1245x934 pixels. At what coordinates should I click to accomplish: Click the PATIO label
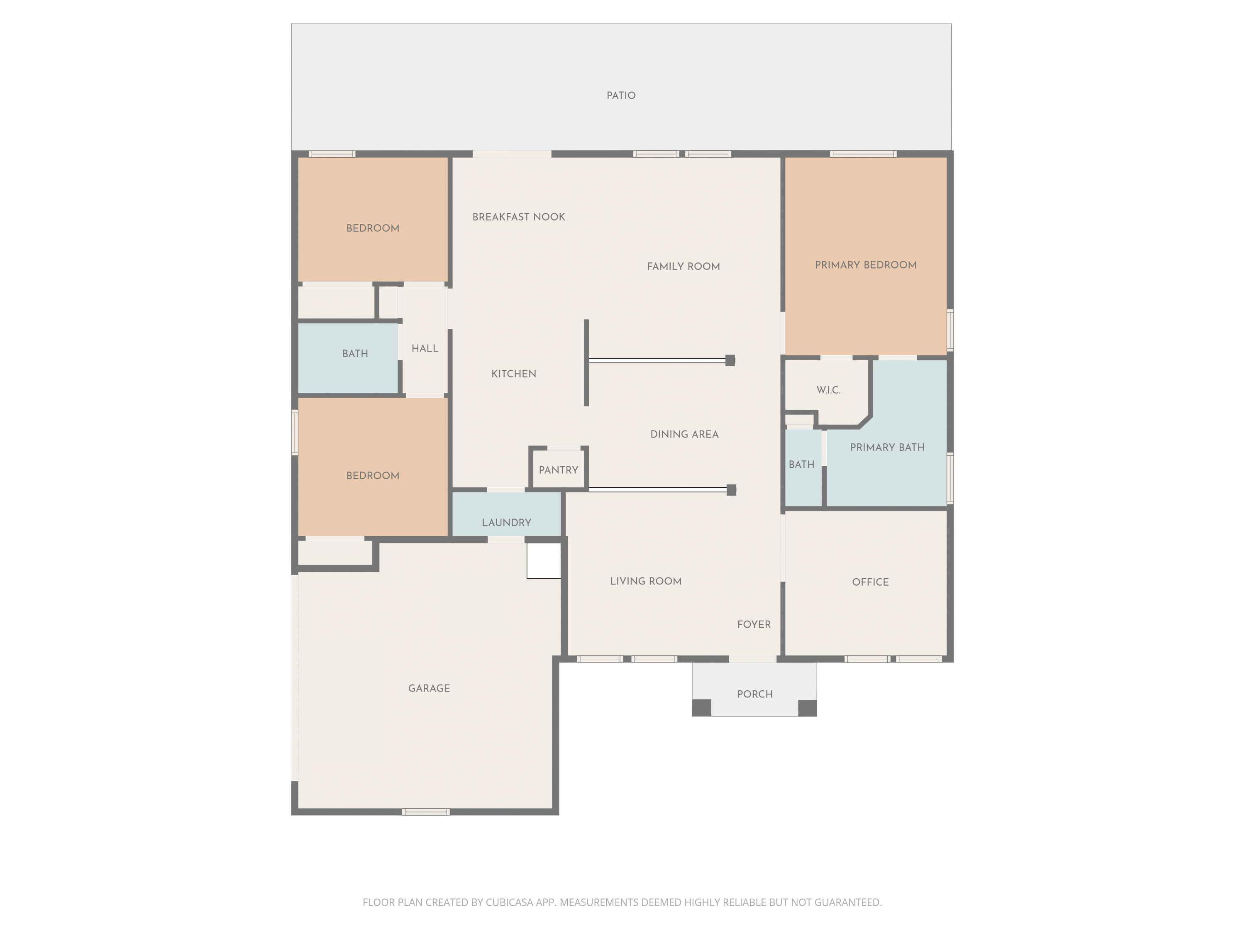pos(621,96)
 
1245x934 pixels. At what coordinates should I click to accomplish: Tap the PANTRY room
pos(558,470)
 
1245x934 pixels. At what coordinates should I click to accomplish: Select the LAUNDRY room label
pos(506,523)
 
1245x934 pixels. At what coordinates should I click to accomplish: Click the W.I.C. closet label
pos(828,390)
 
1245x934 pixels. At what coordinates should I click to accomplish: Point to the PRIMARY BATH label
pos(887,447)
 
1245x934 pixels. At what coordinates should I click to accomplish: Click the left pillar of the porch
pos(701,708)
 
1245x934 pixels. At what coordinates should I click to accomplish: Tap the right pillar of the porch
pos(807,708)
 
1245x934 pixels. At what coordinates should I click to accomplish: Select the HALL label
pos(425,349)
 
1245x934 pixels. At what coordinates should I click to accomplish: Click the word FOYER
pos(754,624)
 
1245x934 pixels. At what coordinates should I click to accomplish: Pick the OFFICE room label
pos(870,582)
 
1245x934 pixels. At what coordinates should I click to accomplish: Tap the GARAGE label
pos(429,688)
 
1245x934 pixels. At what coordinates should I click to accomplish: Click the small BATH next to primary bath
pos(801,465)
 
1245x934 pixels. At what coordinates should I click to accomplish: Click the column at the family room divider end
pos(730,360)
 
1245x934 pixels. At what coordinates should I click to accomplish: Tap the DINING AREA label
pos(684,434)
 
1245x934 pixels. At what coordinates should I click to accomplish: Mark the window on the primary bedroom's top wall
pos(863,154)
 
